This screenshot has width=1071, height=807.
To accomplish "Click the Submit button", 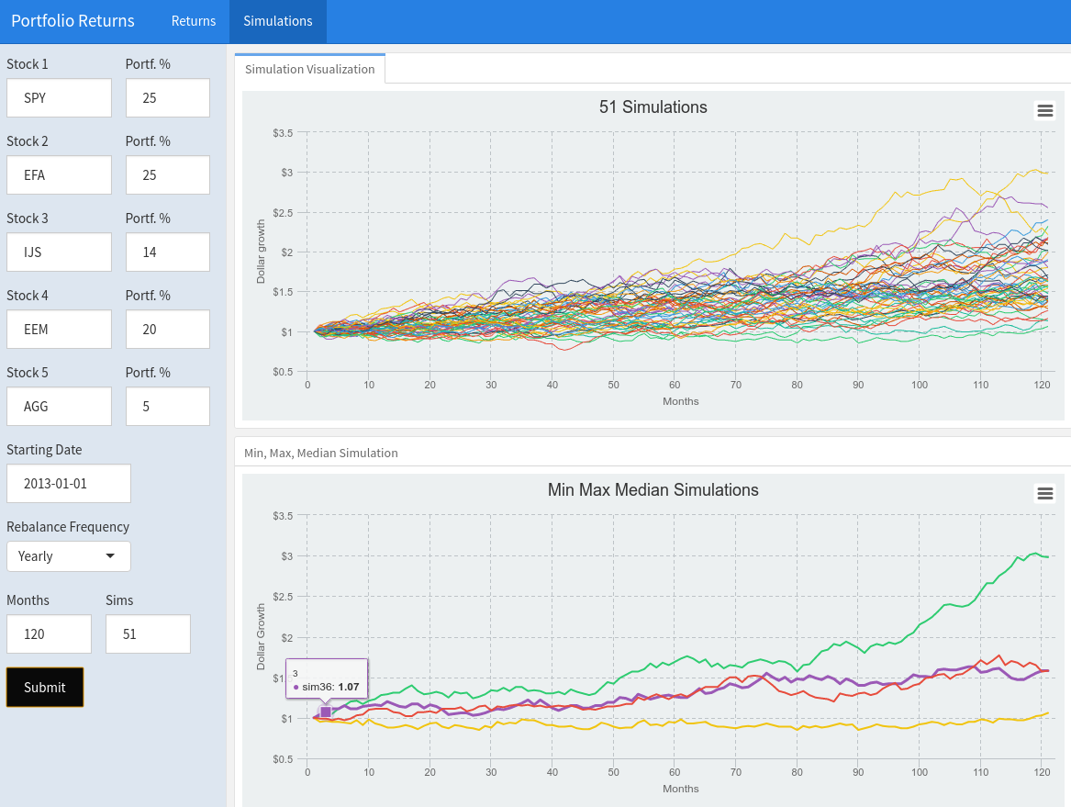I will (x=45, y=687).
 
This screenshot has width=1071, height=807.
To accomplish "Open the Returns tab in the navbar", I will (x=194, y=21).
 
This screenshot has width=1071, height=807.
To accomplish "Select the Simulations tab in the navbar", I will (x=277, y=21).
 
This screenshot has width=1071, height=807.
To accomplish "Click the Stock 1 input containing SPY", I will (x=59, y=98).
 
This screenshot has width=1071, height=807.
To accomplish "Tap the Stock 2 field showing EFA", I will (x=59, y=175).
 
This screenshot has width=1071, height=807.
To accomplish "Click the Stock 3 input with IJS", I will (x=59, y=252).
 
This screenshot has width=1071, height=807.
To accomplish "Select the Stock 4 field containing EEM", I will (x=59, y=330).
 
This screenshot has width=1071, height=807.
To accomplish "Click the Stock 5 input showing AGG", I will (x=59, y=407).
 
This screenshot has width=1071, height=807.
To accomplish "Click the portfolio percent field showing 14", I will (x=167, y=252).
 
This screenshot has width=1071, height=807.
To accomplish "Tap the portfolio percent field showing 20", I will (x=167, y=330).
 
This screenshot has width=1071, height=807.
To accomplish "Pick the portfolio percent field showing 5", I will (x=167, y=407).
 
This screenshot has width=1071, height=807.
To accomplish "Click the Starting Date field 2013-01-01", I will (x=68, y=484).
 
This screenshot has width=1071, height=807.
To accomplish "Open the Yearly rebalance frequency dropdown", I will (x=68, y=556).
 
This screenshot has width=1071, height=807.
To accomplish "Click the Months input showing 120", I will (x=49, y=634).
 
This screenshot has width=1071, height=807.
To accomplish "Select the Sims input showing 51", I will (x=148, y=634).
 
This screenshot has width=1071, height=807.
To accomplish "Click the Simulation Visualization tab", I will (x=310, y=69).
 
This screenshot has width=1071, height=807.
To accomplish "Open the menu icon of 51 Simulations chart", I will (x=1044, y=111).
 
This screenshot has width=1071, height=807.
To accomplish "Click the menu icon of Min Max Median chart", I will (x=1044, y=494).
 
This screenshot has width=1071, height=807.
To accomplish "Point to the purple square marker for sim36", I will (x=326, y=712).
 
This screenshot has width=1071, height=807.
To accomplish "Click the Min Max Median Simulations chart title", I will (x=653, y=490).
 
